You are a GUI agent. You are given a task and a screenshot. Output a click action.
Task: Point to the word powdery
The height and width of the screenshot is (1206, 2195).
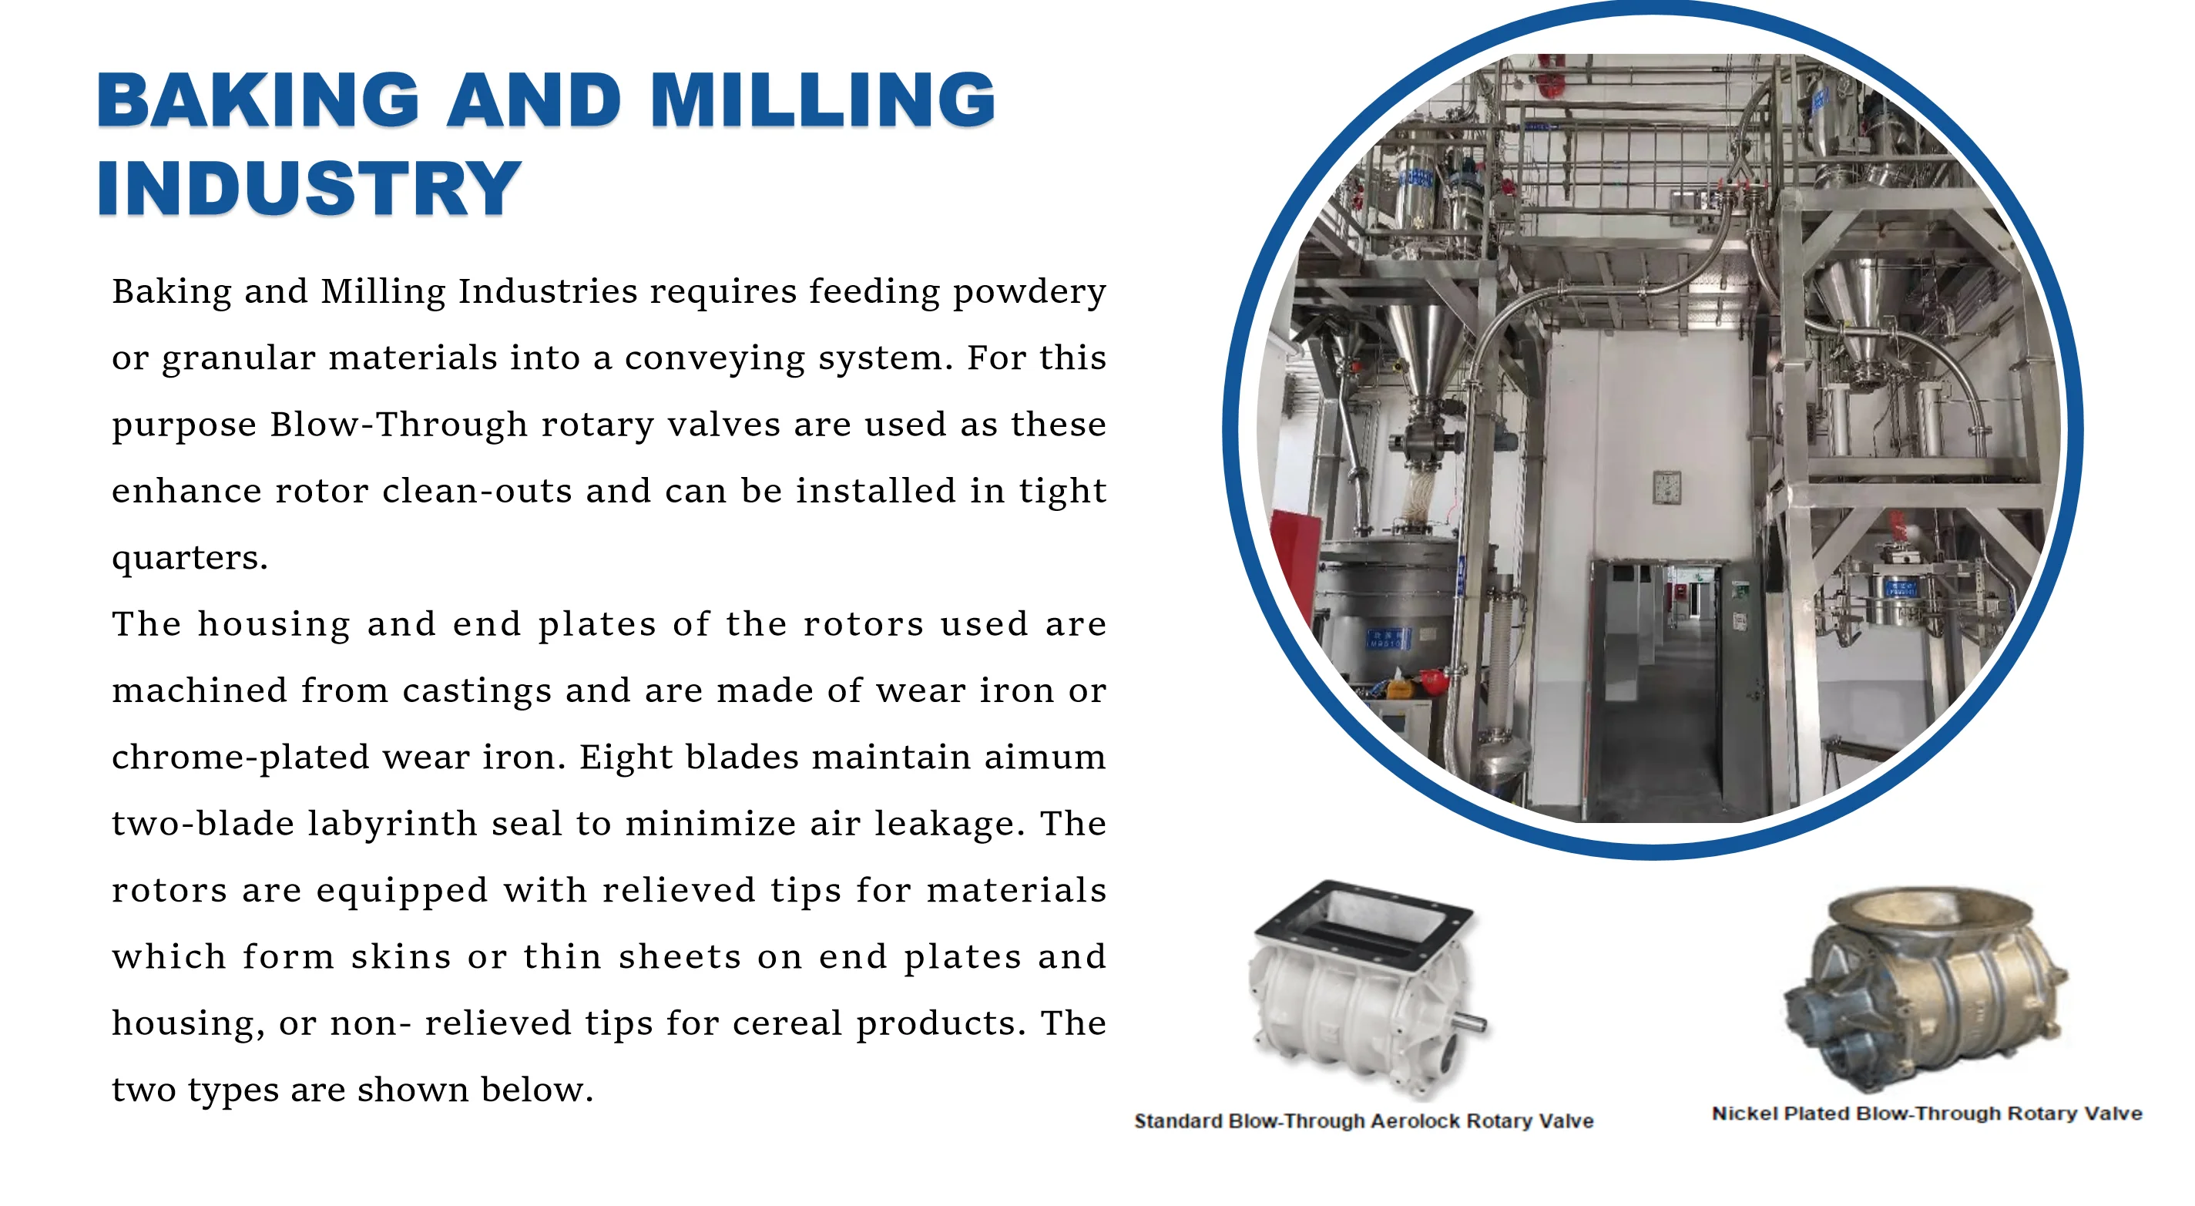(1029, 292)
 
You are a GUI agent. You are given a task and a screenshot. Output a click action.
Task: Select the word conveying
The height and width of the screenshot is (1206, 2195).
(714, 359)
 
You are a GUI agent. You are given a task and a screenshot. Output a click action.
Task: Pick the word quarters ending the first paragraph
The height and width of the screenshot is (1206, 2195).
(190, 558)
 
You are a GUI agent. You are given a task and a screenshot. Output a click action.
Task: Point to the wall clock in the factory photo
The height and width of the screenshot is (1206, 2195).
(1666, 487)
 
